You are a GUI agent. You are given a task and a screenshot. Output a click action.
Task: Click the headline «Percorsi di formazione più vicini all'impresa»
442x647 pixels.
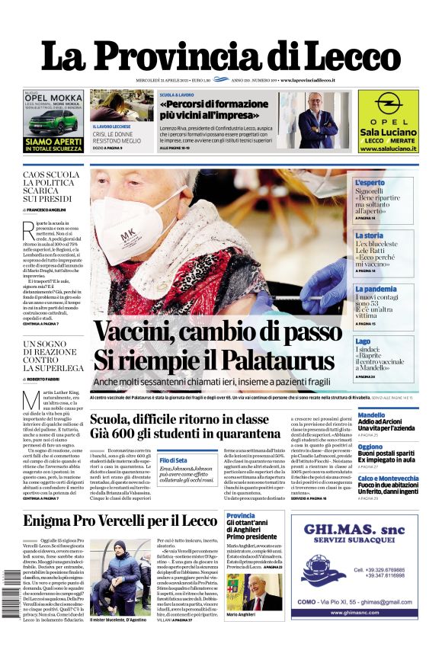click(208, 110)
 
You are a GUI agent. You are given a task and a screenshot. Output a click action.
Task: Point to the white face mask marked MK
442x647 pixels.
click(130, 225)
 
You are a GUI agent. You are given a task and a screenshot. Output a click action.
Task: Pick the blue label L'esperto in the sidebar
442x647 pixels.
click(370, 184)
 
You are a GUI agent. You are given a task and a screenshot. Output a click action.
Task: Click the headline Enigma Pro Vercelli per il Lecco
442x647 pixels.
click(120, 521)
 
